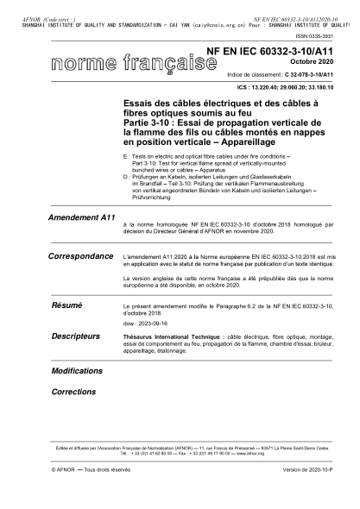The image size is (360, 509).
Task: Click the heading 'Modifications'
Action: pyautogui.click(x=77, y=369)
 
